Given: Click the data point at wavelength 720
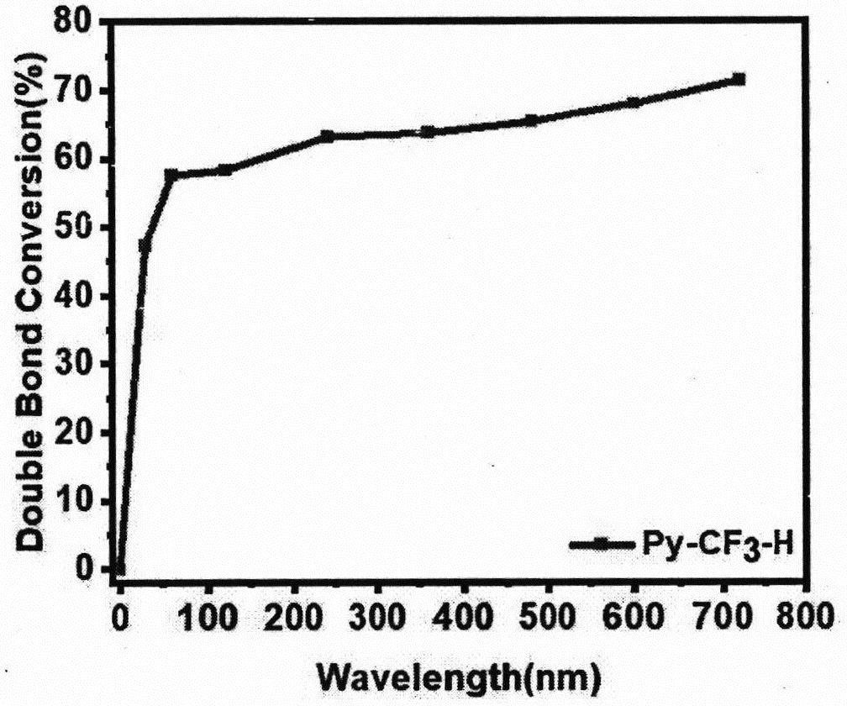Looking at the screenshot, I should tap(739, 79).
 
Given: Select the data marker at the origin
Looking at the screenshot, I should tap(119, 569).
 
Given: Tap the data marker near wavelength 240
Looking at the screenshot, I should tap(327, 136).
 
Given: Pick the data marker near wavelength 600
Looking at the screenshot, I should tap(634, 103).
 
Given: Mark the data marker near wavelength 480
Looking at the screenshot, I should tap(531, 121).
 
